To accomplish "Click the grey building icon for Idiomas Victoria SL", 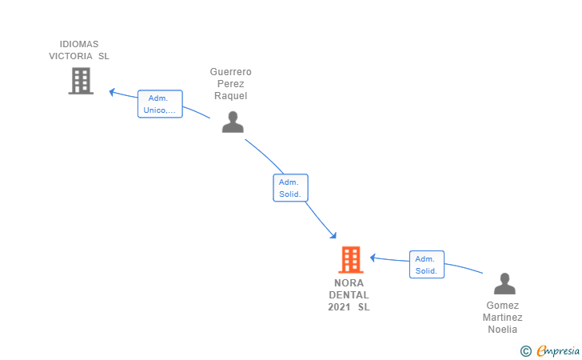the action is tap(81, 81).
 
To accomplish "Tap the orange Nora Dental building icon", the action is tap(351, 260).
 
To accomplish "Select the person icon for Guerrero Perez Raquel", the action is tap(233, 122).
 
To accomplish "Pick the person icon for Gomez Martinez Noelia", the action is tap(504, 283).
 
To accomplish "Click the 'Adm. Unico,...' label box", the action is tap(160, 104).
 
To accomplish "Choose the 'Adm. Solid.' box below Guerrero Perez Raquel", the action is tap(290, 188).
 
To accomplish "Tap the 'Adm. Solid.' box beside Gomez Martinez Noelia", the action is tap(427, 265).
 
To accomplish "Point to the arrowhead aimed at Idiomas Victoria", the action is tap(112, 92).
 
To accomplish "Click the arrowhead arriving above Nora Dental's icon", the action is tap(333, 235).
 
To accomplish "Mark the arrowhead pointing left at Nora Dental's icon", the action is tap(373, 258).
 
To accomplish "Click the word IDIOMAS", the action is tap(79, 44).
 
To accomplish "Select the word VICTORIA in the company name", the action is tap(70, 56).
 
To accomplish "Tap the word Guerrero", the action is tap(230, 72).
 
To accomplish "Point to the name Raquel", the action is tap(230, 96).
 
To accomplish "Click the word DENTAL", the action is tap(349, 295).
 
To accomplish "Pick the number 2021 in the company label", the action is tap(339, 307).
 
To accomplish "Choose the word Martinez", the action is tap(503, 318).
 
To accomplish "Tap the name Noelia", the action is tap(503, 330).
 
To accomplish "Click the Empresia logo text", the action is tap(558, 350).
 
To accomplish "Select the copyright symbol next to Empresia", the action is tap(526, 351).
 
